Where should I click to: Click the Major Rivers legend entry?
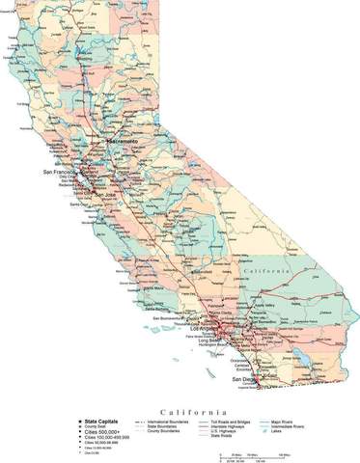284,422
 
